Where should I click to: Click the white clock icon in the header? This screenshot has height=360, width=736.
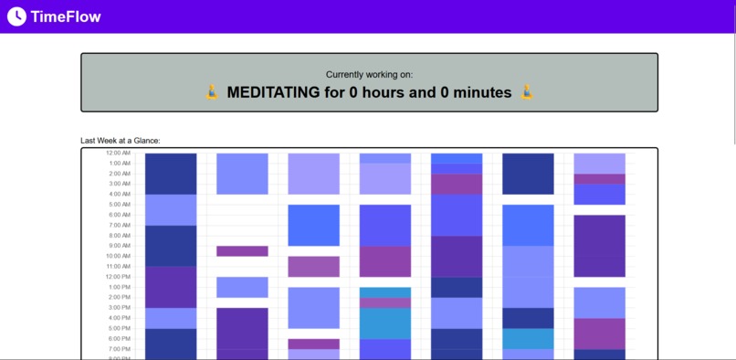tap(16, 16)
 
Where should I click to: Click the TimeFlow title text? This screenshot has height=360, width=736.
tap(66, 16)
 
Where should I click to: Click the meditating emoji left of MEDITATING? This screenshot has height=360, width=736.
tap(212, 92)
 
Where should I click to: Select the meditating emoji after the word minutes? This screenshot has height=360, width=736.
tap(527, 92)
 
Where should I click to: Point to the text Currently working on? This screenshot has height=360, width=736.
tap(369, 74)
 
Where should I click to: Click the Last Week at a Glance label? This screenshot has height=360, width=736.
tap(121, 141)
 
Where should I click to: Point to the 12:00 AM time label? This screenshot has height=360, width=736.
tap(118, 153)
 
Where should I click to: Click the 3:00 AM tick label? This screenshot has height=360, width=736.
tap(120, 184)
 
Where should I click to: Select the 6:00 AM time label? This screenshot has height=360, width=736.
tap(120, 215)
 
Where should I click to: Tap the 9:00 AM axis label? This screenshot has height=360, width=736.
tap(120, 246)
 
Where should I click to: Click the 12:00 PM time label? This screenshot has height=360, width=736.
tap(118, 277)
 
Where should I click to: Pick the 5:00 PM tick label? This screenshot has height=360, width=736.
tap(120, 328)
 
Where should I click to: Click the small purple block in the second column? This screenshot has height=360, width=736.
tap(242, 251)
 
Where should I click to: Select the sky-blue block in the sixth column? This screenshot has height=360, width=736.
tap(528, 339)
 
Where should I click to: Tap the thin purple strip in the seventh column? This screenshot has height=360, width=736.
tap(599, 179)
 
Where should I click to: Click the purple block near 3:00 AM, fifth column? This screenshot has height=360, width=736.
tap(457, 184)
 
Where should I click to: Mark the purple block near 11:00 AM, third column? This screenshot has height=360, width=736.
tap(313, 267)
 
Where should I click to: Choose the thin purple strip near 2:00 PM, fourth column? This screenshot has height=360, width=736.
tap(384, 303)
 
